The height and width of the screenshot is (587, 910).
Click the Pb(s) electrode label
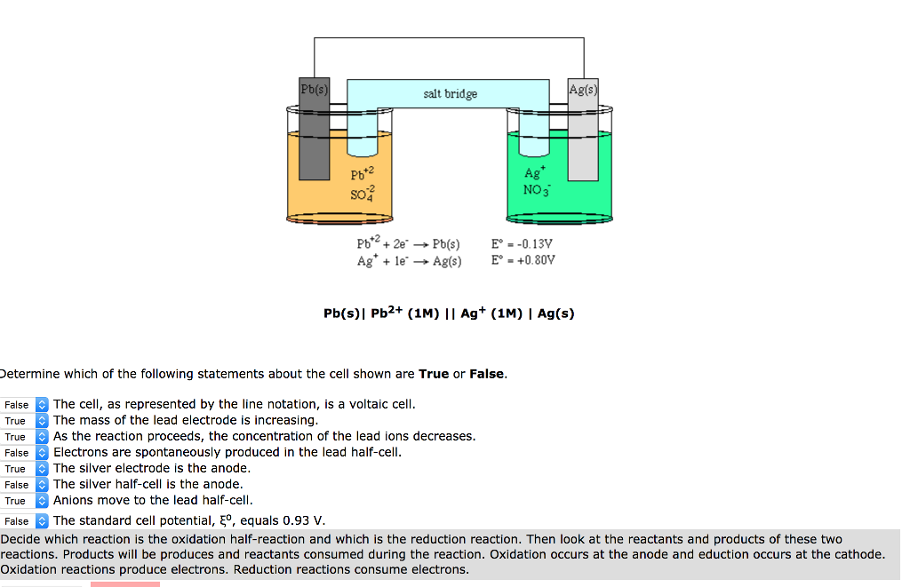(x=314, y=90)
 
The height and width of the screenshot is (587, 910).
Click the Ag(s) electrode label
(x=583, y=90)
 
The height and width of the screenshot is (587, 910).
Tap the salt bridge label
(x=450, y=94)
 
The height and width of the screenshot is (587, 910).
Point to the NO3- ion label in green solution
(x=537, y=190)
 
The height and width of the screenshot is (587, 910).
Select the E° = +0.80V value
(x=523, y=260)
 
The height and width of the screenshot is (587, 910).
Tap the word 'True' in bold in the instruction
(x=434, y=374)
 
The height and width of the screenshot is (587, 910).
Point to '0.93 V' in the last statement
(x=304, y=521)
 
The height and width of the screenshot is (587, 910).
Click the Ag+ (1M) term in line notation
(x=490, y=313)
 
